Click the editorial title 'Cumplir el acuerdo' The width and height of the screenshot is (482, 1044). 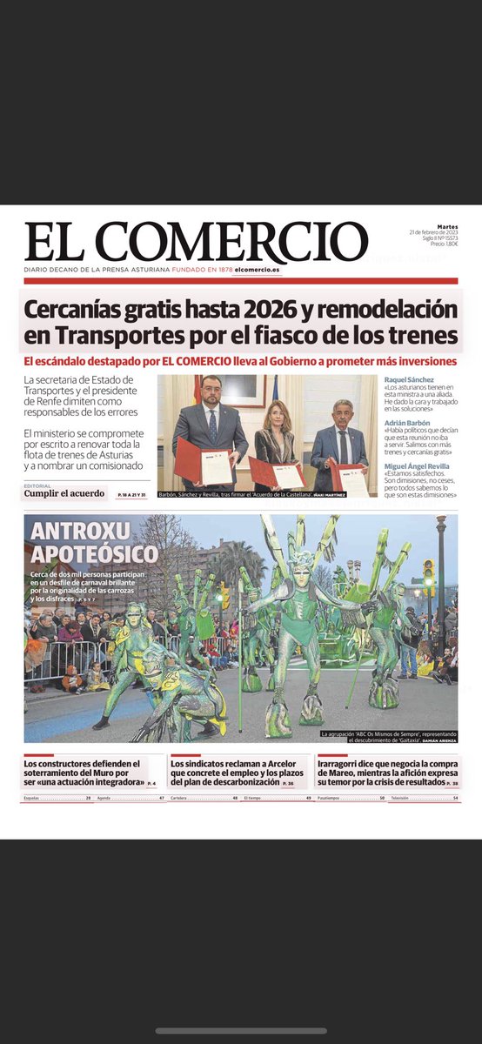click(65, 494)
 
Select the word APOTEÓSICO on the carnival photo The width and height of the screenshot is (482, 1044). click(94, 554)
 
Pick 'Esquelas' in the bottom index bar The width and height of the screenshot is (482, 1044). click(37, 797)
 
